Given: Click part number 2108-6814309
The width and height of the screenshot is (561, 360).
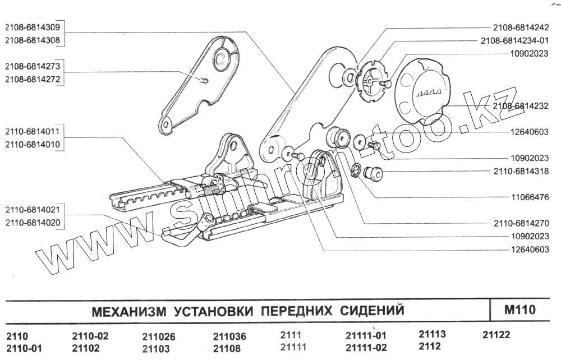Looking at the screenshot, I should pyautogui.click(x=33, y=27).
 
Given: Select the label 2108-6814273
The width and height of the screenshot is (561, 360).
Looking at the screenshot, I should pyautogui.click(x=33, y=66).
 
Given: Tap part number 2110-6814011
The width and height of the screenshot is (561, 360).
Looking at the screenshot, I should pyautogui.click(x=33, y=132).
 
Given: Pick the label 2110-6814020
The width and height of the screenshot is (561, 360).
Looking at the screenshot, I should pyautogui.click(x=33, y=223).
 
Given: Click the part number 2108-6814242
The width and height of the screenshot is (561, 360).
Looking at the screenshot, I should pyautogui.click(x=521, y=27).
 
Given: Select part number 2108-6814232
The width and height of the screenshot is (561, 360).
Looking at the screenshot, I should pyautogui.click(x=521, y=106).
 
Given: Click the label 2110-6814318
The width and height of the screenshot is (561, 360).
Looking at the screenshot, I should pyautogui.click(x=521, y=172).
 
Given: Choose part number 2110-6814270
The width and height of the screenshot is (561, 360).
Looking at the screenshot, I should pyautogui.click(x=521, y=223).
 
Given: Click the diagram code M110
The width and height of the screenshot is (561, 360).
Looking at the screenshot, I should pyautogui.click(x=520, y=310).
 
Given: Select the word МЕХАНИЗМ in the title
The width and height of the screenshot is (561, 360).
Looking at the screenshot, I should pyautogui.click(x=128, y=310).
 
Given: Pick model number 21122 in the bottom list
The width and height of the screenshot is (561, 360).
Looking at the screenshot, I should pyautogui.click(x=496, y=335).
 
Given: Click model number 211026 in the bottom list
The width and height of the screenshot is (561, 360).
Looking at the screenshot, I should pyautogui.click(x=159, y=337).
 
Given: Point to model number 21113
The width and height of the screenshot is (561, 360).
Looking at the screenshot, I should pyautogui.click(x=433, y=334).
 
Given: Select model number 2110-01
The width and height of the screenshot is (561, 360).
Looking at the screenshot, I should pyautogui.click(x=24, y=348).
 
